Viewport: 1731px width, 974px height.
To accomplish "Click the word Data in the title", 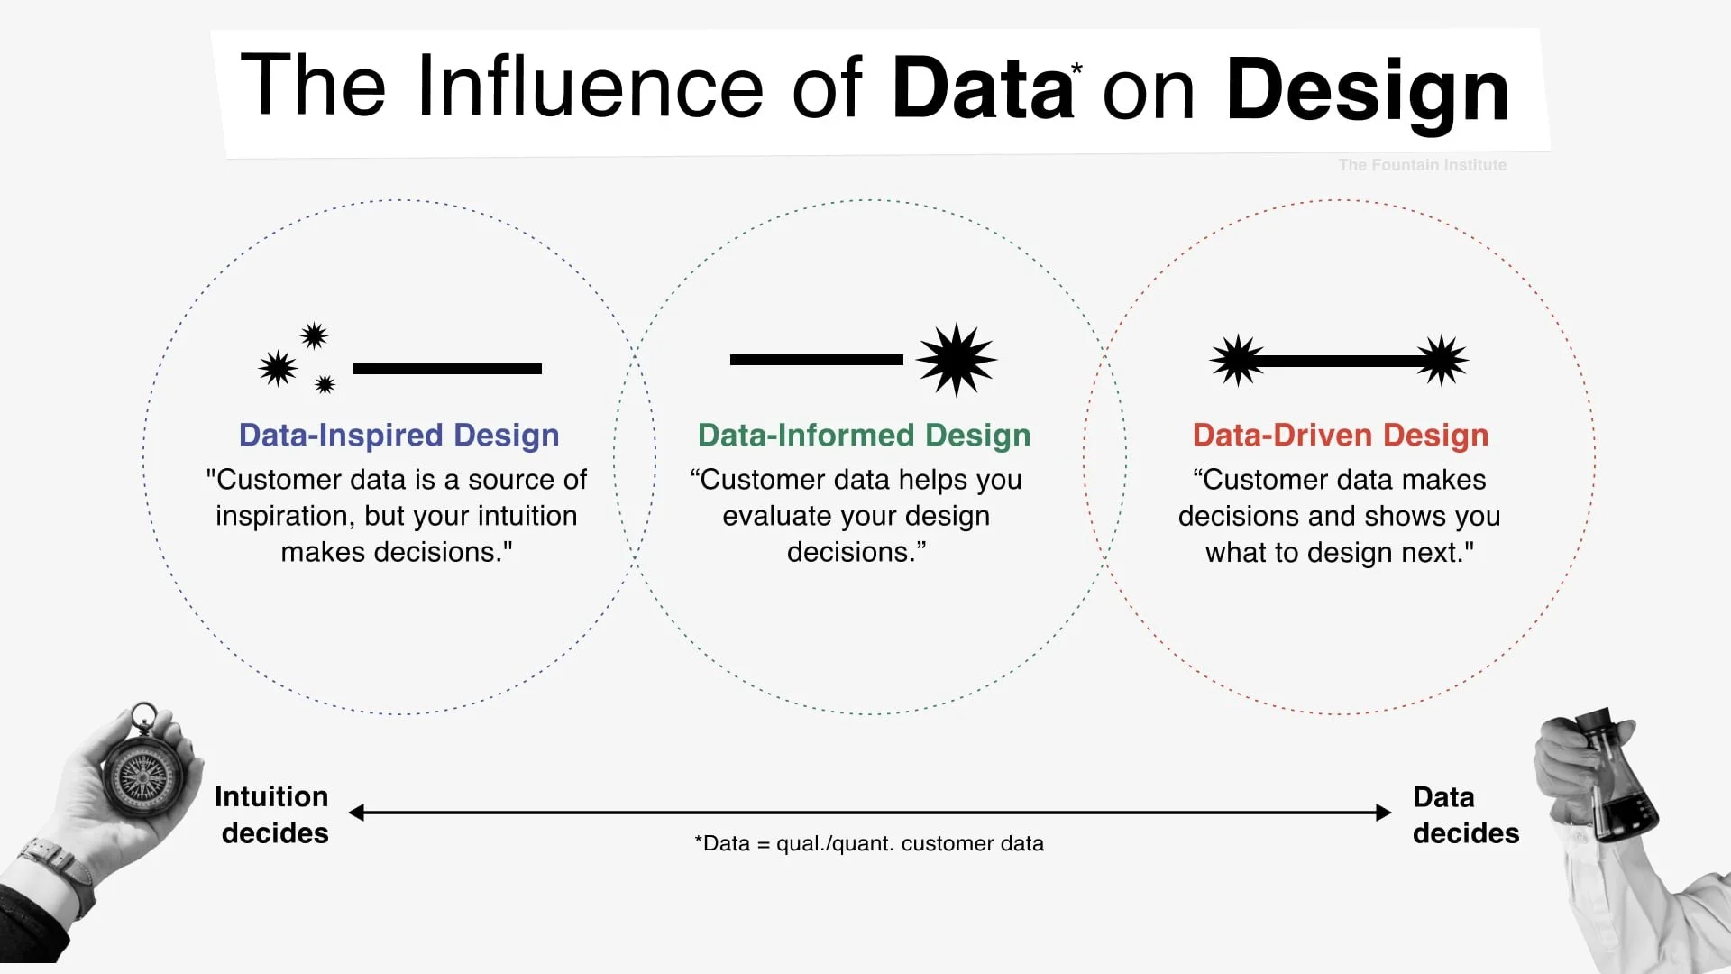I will [x=981, y=88].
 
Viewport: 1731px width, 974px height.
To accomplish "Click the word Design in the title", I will [x=1367, y=90].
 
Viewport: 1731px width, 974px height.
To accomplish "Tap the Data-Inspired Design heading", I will [x=398, y=435].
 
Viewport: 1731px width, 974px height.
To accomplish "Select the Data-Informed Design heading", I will [x=864, y=435].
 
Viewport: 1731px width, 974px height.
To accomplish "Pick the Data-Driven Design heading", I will [x=1340, y=435].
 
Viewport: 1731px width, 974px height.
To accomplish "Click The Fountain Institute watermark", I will [x=1422, y=165].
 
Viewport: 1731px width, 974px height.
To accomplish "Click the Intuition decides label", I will [x=272, y=814].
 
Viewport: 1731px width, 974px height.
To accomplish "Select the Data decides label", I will [x=1465, y=815].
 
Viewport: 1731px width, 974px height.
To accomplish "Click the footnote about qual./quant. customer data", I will [x=869, y=843].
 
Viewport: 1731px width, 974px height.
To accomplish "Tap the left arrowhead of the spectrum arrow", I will [x=357, y=813].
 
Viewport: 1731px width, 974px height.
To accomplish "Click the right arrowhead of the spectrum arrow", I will [x=1384, y=813].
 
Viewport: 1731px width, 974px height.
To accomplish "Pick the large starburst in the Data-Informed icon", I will [x=956, y=359].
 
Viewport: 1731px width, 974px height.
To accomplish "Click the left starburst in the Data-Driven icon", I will [x=1237, y=361].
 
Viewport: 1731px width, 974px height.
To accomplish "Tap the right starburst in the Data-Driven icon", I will [x=1442, y=361].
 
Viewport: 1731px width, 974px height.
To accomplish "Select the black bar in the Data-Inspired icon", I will [x=447, y=369].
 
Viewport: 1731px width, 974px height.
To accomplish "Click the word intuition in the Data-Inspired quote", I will [x=527, y=516].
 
